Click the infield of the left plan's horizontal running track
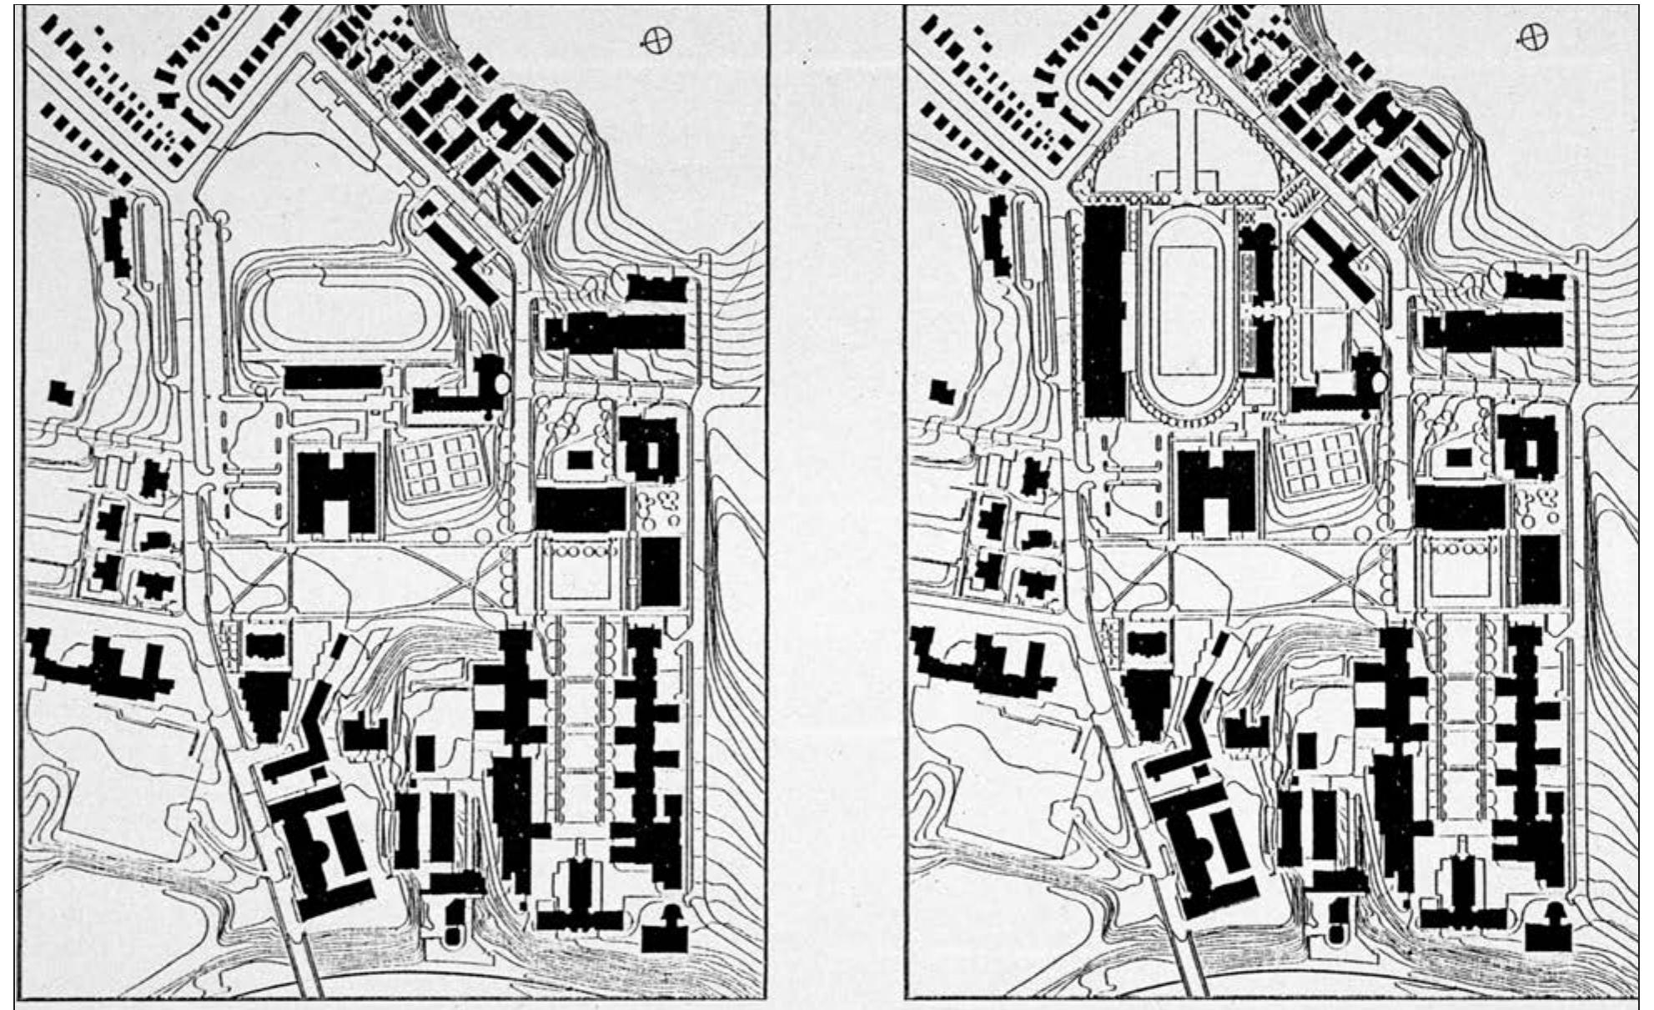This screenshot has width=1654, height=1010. [x=344, y=309]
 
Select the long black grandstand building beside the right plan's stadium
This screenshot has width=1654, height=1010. [x=1105, y=313]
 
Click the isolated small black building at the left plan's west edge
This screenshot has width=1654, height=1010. [x=60, y=393]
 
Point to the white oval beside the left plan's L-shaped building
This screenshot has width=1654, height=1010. [x=502, y=384]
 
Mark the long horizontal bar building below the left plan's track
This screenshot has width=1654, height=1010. [x=332, y=378]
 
